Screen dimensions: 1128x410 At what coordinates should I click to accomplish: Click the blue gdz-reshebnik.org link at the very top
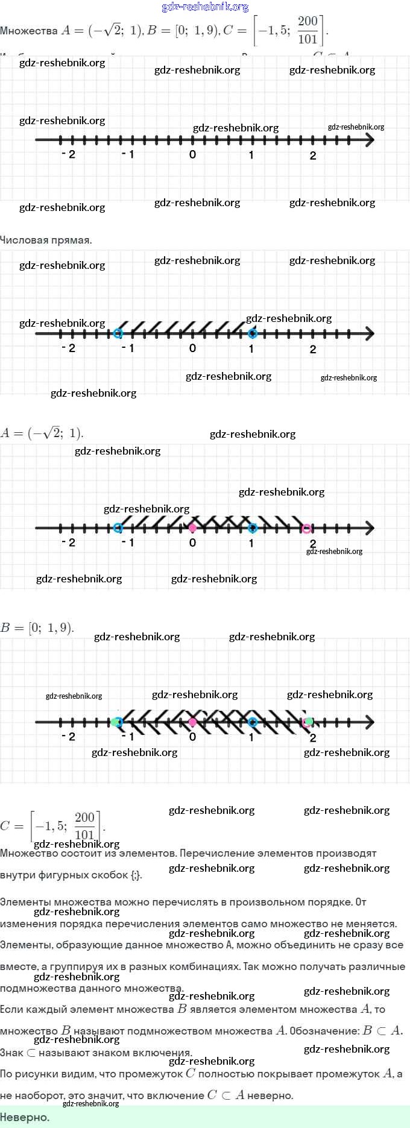tap(205, 7)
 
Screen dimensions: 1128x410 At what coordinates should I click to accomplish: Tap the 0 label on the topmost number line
tap(192, 154)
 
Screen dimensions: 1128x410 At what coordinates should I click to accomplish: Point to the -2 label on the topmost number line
tap(69, 154)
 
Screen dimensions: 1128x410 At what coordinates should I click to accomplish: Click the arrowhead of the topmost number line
tap(370, 140)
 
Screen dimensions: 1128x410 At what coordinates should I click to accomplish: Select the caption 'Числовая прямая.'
tap(46, 240)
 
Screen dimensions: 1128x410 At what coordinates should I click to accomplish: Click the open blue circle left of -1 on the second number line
tap(118, 333)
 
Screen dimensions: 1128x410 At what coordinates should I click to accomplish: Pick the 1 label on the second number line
tap(251, 348)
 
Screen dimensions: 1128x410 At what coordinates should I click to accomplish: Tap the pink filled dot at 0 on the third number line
tap(192, 528)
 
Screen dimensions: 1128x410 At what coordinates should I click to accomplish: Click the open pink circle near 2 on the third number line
tap(306, 529)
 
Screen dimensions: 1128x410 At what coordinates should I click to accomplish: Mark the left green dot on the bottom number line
tap(114, 722)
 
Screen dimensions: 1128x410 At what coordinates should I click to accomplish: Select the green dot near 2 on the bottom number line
tap(309, 721)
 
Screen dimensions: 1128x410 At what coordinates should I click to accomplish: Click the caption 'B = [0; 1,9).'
tap(37, 628)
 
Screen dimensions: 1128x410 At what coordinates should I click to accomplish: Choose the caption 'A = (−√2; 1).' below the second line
tap(42, 433)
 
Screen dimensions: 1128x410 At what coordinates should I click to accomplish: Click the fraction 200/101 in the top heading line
tap(307, 30)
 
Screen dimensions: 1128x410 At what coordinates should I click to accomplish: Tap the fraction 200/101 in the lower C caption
tap(85, 826)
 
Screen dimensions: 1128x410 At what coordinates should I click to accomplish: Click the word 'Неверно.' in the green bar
tap(25, 1117)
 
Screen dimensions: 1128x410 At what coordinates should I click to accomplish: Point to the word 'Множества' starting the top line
tap(29, 31)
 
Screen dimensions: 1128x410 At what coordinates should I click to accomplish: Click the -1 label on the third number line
tap(128, 543)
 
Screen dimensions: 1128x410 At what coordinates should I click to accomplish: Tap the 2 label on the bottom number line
tap(313, 737)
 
